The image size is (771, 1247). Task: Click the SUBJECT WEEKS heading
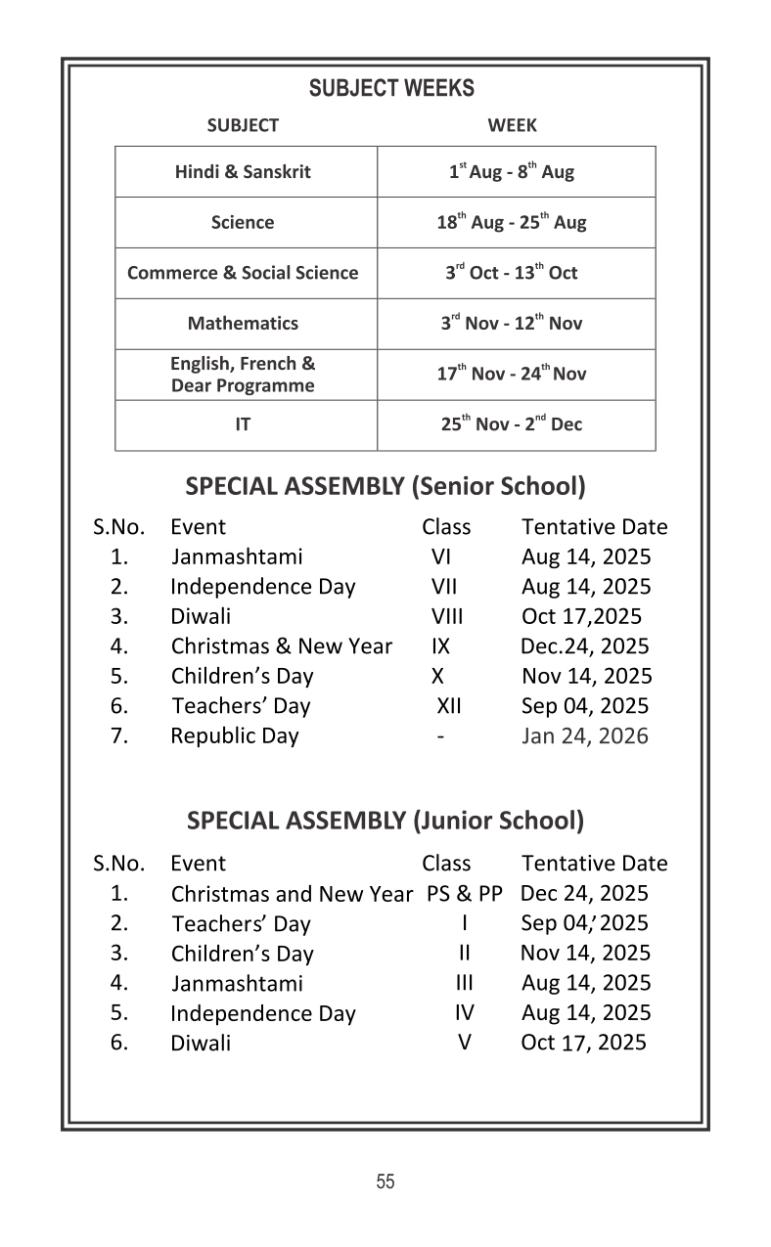pos(391,88)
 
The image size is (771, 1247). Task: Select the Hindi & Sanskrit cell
pos(243,172)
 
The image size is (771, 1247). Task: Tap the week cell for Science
pos(511,222)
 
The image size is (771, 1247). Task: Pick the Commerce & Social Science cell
pos(243,273)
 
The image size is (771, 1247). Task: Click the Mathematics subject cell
pos(243,324)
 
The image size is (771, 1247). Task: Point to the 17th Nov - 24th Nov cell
pos(511,374)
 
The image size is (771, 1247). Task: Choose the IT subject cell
pos(243,425)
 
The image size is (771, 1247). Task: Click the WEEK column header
pos(512,125)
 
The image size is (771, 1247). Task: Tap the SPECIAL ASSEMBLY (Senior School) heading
pos(385,485)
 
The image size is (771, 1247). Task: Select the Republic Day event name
pos(235,735)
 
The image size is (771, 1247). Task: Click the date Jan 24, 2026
pos(584,735)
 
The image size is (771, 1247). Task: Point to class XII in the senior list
pos(448,706)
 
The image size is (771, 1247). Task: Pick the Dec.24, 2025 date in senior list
pos(584,646)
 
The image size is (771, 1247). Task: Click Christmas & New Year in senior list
pos(281,646)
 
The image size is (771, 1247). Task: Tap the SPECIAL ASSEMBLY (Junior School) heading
pos(385,821)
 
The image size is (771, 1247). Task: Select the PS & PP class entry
pos(464,893)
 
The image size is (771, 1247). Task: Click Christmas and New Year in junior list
pos(292,894)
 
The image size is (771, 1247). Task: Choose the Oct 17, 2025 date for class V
pos(583,1043)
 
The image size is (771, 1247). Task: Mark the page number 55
pos(385,1181)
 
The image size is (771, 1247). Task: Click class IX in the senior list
pos(440,646)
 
